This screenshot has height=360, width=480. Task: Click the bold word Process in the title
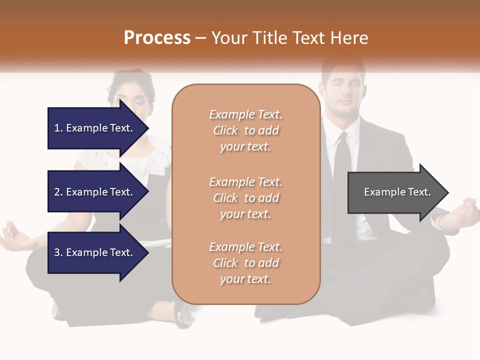157,38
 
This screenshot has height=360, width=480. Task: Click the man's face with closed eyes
342,92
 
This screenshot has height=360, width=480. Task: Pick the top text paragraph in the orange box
245,130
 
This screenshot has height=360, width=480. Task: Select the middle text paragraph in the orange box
245,198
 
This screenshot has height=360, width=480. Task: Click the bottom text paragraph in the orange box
245,263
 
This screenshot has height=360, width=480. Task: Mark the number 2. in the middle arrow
58,192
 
